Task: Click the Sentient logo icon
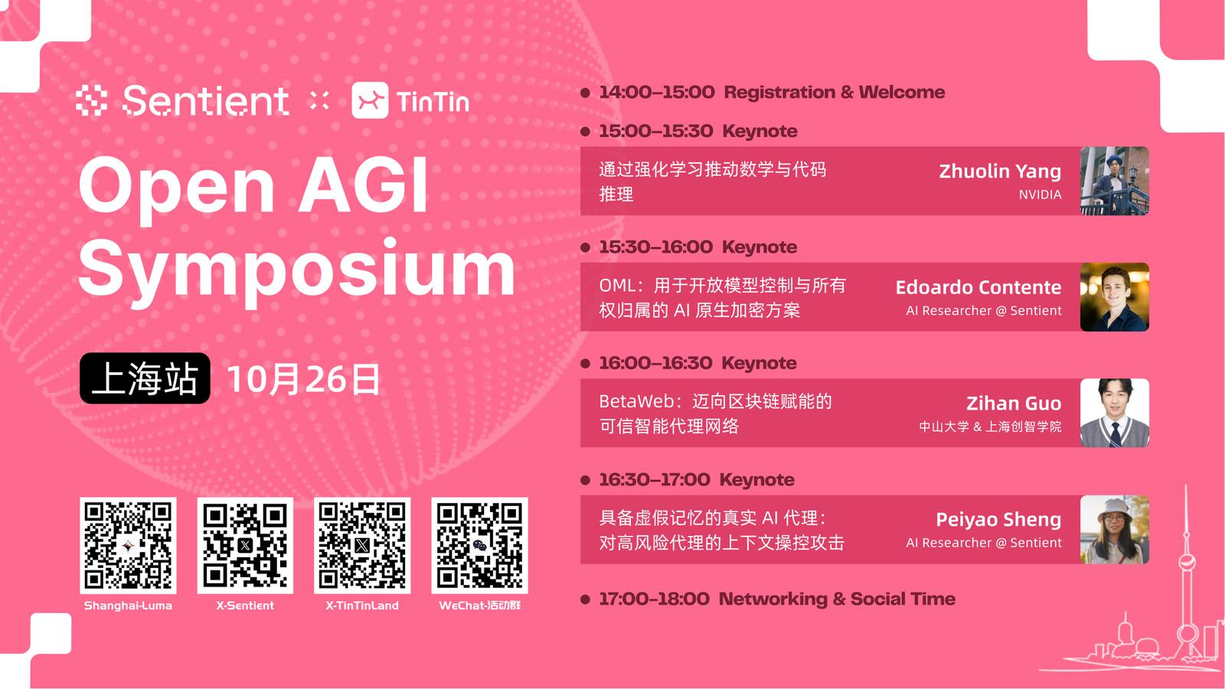click(x=91, y=100)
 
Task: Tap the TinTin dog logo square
click(x=371, y=100)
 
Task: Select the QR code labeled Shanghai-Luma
click(x=128, y=545)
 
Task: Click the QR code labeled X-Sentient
click(x=245, y=545)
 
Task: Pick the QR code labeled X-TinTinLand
click(x=362, y=545)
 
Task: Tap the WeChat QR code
click(x=479, y=545)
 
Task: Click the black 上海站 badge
click(x=145, y=378)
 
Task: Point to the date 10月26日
click(x=303, y=379)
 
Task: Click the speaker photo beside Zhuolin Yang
click(x=1115, y=181)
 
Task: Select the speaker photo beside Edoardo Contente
click(x=1115, y=297)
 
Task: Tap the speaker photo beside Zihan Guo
click(x=1115, y=413)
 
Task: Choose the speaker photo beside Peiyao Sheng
click(x=1115, y=529)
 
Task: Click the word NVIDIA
click(x=1040, y=194)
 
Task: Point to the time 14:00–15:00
click(x=657, y=92)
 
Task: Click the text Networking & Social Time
click(x=838, y=599)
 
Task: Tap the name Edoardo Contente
click(x=978, y=287)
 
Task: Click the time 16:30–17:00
click(x=655, y=479)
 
